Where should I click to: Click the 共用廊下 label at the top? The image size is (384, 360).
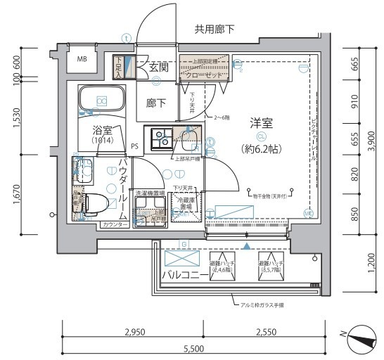click(215, 29)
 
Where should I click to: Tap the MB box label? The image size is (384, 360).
click(82, 60)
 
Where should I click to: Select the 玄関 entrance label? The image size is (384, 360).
click(158, 67)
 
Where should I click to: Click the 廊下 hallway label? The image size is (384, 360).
click(156, 103)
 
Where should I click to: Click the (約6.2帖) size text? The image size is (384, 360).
click(261, 148)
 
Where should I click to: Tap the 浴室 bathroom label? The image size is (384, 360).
click(103, 130)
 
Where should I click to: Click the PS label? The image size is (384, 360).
click(134, 146)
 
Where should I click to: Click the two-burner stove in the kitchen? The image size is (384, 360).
click(156, 135)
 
